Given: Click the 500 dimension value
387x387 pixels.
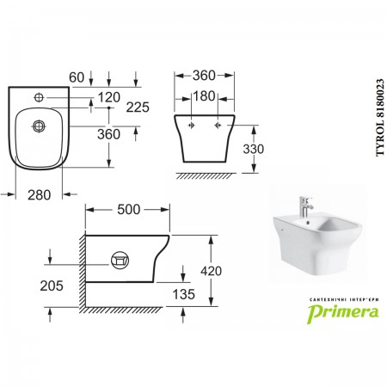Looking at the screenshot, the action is pyautogui.click(x=129, y=210).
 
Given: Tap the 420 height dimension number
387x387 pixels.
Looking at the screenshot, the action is pyautogui.click(x=211, y=271).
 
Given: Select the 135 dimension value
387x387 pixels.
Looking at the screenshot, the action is pyautogui.click(x=184, y=294).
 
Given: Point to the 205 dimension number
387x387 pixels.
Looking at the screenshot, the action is pyautogui.click(x=52, y=286).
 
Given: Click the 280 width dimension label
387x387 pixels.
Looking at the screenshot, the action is pyautogui.click(x=40, y=195).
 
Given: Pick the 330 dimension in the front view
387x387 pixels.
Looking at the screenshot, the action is pyautogui.click(x=254, y=149).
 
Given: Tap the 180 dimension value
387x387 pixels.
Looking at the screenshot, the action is pyautogui.click(x=204, y=96).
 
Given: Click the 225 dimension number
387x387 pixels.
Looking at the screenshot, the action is pyautogui.click(x=138, y=107).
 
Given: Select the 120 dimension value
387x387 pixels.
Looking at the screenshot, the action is pyautogui.click(x=109, y=97).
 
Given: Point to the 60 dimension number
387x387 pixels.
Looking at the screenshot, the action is pyautogui.click(x=77, y=77).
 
